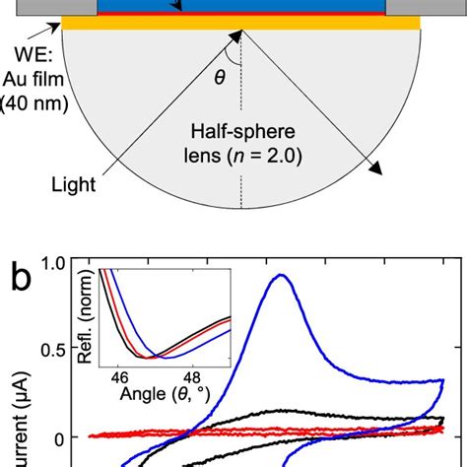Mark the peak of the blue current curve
coord(282,277)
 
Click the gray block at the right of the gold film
coord(425,8)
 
